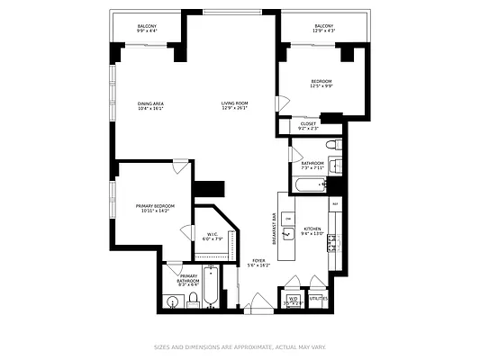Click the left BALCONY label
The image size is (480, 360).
point(146,26)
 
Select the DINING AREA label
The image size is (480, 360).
point(150,103)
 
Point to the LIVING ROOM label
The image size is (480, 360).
point(234,103)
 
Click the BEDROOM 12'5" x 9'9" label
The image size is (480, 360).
point(322,81)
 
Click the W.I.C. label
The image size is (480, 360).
point(212,235)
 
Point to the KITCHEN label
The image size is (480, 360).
point(312,229)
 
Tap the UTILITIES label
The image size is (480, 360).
point(318,297)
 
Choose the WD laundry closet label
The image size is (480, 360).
point(293,298)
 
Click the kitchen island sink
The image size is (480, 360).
point(287,234)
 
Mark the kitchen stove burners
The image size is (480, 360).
point(331,241)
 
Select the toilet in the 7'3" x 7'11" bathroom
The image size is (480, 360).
point(331,144)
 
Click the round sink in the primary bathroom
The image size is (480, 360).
point(174,300)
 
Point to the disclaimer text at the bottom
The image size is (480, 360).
point(239,346)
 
